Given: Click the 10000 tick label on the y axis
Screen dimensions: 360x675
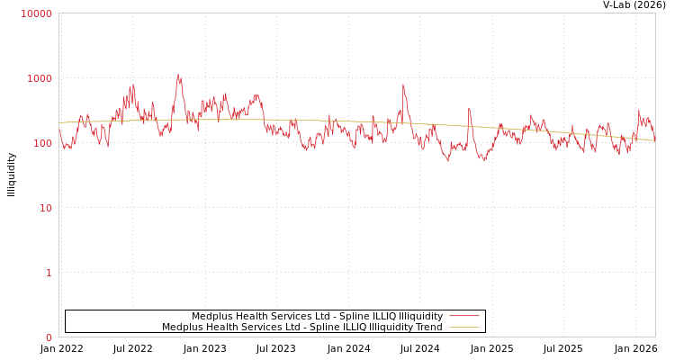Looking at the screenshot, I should pyautogui.click(x=37, y=13).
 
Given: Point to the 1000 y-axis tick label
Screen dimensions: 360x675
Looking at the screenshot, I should pyautogui.click(x=40, y=78).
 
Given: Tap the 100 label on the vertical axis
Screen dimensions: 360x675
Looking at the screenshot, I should pyautogui.click(x=42, y=143).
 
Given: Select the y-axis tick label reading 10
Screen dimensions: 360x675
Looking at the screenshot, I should pyautogui.click(x=45, y=208).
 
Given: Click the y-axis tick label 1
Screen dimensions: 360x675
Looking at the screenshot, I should pyautogui.click(x=49, y=273).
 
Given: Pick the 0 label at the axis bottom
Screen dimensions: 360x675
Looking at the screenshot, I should pyautogui.click(x=49, y=337).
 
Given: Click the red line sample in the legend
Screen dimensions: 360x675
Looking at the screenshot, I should pyautogui.click(x=463, y=316).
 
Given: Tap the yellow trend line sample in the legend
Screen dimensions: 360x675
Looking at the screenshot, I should pyautogui.click(x=463, y=327).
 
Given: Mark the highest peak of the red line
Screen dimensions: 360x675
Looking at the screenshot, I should pyautogui.click(x=178, y=76).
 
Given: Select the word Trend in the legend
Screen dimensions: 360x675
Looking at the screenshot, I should pyautogui.click(x=426, y=327).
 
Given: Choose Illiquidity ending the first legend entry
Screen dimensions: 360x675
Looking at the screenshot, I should pyautogui.click(x=420, y=316).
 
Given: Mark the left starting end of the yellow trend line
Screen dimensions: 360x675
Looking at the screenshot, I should pyautogui.click(x=59, y=122).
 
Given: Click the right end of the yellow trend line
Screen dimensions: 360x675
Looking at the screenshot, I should pyautogui.click(x=654, y=140).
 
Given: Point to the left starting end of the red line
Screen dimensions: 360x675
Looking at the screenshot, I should pyautogui.click(x=59, y=130).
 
